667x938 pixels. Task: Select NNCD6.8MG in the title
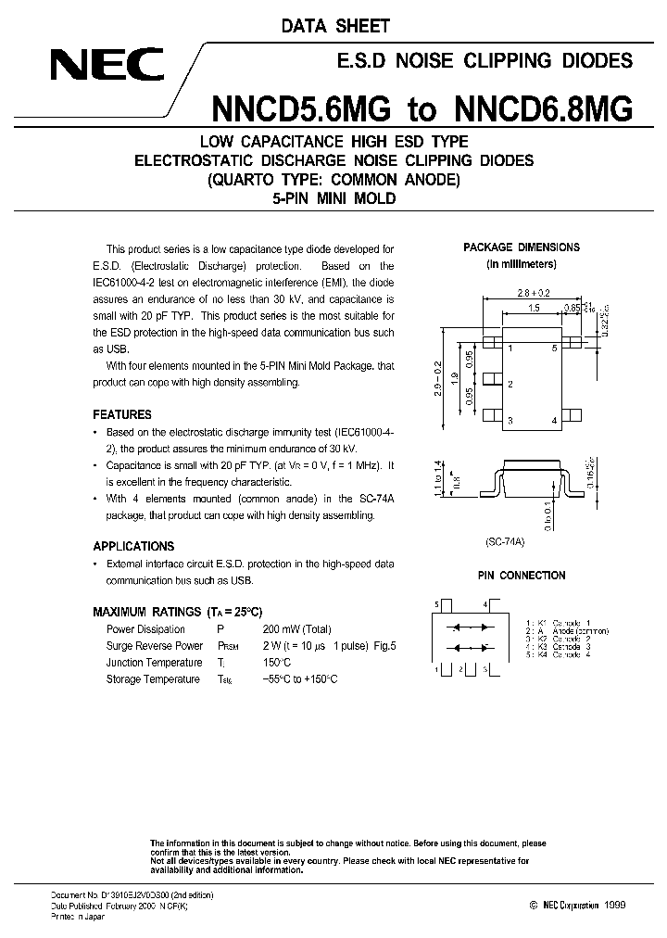coord(544,109)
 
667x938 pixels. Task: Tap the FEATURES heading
coord(122,414)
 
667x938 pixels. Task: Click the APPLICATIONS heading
coord(133,546)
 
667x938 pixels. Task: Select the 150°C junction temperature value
coord(278,662)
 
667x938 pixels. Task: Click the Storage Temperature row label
coord(153,678)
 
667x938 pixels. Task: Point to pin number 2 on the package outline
coord(510,384)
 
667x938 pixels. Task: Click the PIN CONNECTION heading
coord(522,575)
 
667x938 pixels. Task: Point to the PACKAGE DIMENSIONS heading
coord(522,247)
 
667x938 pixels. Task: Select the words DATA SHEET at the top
coord(335,27)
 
